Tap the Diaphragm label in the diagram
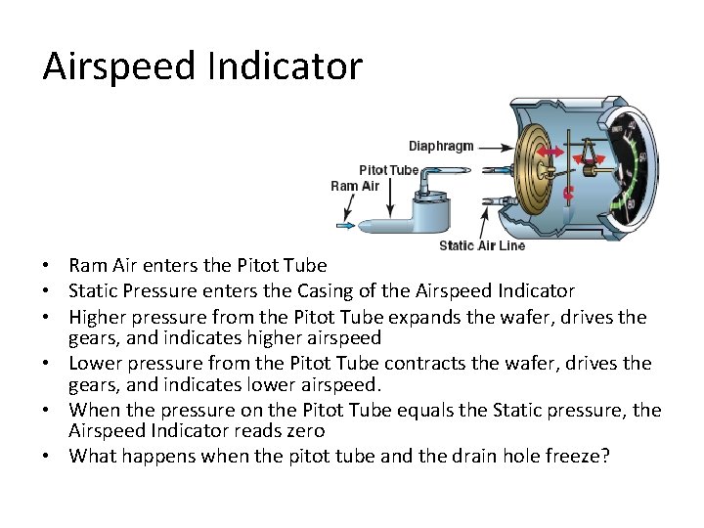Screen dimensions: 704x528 point(441,146)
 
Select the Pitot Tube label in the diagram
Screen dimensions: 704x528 point(389,170)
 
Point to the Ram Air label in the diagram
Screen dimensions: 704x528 point(355,186)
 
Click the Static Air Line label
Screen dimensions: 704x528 point(482,245)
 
